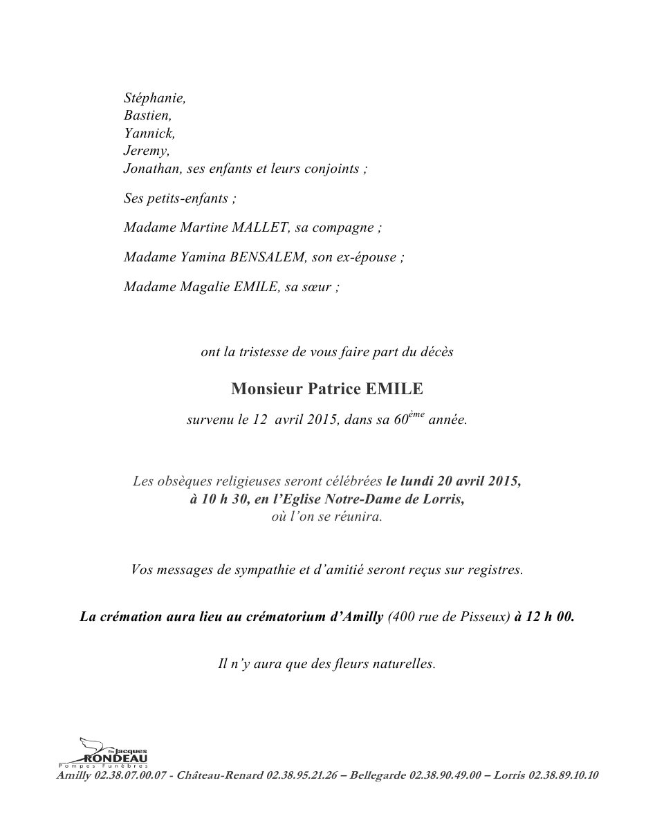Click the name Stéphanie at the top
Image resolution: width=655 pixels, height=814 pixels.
point(154,99)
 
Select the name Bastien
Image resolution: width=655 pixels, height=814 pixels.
point(147,115)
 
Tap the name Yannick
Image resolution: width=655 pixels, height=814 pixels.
point(149,133)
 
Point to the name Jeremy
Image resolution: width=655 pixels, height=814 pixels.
point(146,150)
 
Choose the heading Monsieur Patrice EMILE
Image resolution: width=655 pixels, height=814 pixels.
point(326,389)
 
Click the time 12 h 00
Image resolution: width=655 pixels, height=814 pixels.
point(550,617)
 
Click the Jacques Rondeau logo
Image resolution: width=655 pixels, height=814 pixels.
point(103,753)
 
